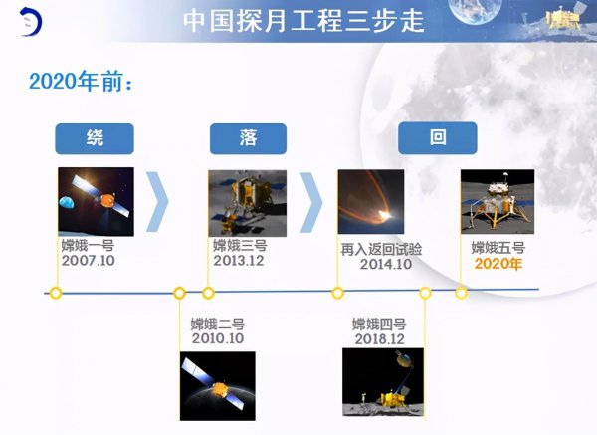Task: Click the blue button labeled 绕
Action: point(95,138)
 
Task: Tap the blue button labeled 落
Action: point(248,138)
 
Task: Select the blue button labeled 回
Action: point(437,138)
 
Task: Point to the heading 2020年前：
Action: point(81,81)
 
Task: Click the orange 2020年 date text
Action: point(497,264)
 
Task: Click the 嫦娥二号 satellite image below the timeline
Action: point(217,384)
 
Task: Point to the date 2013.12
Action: point(239,261)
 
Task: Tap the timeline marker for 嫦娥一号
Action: point(56,293)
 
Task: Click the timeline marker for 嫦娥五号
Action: point(461,293)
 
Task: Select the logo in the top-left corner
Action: point(30,22)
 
